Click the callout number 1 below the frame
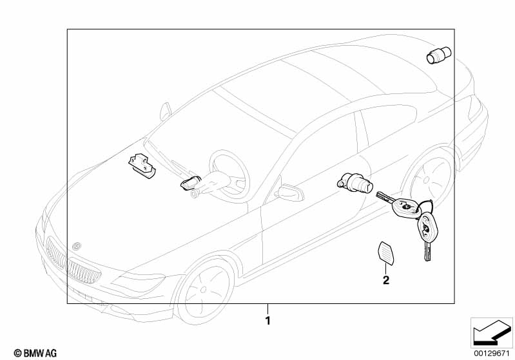(x=267, y=319)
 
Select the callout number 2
(x=385, y=280)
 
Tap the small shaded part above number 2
(x=385, y=253)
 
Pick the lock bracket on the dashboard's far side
(x=142, y=166)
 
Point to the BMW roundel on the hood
(x=76, y=245)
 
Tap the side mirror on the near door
(x=288, y=191)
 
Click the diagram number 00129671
(x=491, y=353)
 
